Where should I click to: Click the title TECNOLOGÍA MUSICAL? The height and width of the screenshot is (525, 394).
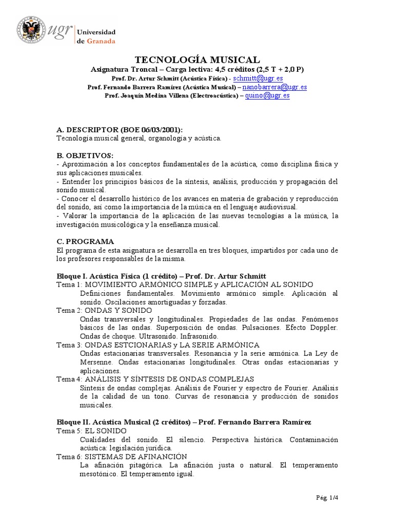pos(197,60)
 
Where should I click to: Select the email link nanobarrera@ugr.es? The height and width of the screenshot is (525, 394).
pos(274,87)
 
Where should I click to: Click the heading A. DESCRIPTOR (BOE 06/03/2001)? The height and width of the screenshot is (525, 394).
pos(119,130)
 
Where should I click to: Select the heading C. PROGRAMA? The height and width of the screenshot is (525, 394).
pos(85,241)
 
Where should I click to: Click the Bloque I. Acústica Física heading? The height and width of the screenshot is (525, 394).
pos(161,276)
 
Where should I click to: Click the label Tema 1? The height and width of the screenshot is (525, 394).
pos(69,285)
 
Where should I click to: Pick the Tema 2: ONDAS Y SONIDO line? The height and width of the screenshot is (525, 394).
pos(104,311)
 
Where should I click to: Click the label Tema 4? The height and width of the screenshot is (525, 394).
pos(69,379)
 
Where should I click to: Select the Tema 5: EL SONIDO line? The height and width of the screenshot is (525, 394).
pos(91,431)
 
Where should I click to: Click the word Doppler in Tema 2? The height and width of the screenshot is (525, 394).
pos(324,327)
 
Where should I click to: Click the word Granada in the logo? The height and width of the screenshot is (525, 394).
pos(100,41)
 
